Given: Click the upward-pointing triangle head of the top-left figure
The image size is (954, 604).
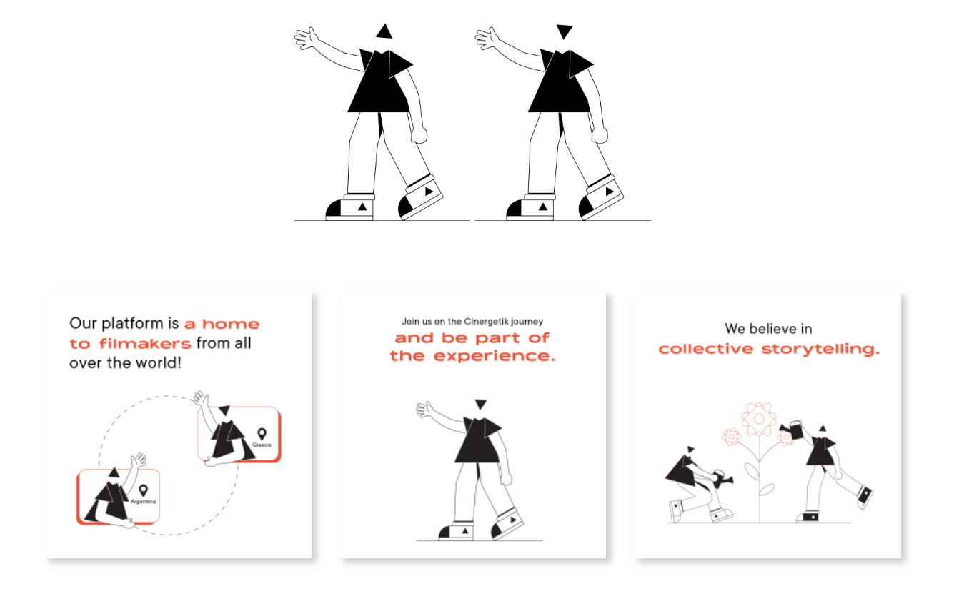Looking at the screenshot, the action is pos(384,32).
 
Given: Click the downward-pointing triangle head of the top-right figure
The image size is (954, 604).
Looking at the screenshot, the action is pos(565,31).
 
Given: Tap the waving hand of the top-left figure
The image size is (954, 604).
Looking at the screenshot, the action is pos(306,39).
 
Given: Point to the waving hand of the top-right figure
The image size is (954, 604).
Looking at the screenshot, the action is pos(487,39).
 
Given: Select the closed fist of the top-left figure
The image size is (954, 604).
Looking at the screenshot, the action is pos(419,134).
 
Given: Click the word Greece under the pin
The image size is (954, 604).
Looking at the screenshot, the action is pos(262,445).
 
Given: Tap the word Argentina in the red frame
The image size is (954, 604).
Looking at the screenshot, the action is pos(143,501).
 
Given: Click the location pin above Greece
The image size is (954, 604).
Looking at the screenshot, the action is pos(262,434).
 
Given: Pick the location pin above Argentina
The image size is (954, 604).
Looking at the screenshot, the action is pos(144,490).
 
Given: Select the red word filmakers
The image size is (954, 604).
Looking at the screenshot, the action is pos(145,344).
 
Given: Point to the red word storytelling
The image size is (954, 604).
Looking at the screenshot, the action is pos(820,350).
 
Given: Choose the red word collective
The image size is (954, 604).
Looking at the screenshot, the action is pos(706,349).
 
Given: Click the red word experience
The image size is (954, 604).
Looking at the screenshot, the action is pos(494,356).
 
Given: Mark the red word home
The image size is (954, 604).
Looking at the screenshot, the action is pos(230,324).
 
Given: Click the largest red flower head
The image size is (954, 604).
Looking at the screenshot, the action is pos(758,419).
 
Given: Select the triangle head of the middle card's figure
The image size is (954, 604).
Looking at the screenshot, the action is pos(481,405).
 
